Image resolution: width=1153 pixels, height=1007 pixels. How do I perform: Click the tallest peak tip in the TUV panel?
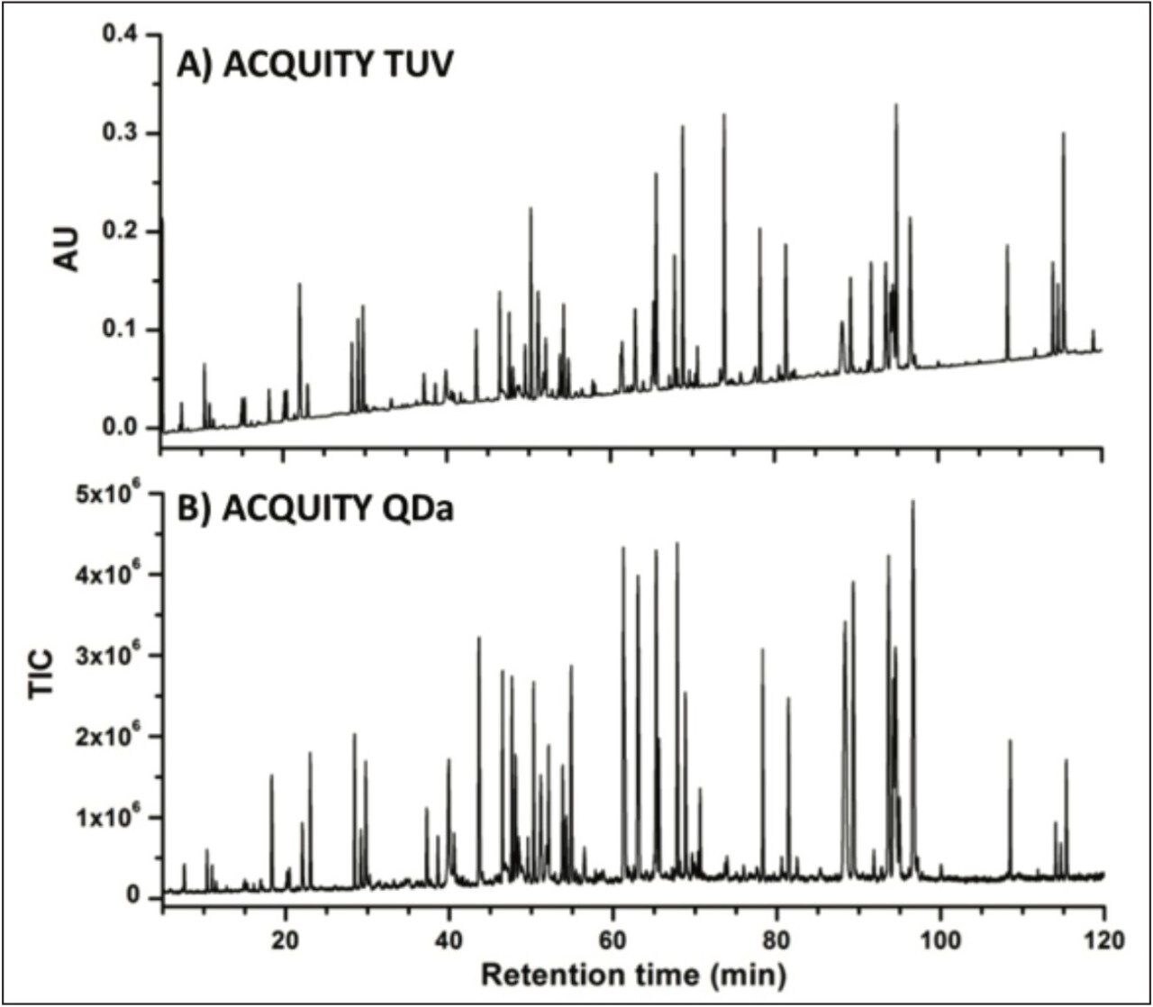coord(895,105)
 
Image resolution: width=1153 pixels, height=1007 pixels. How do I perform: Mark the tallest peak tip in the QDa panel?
coord(912,502)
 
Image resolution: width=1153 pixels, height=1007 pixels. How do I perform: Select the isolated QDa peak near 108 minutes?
coord(1010,741)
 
